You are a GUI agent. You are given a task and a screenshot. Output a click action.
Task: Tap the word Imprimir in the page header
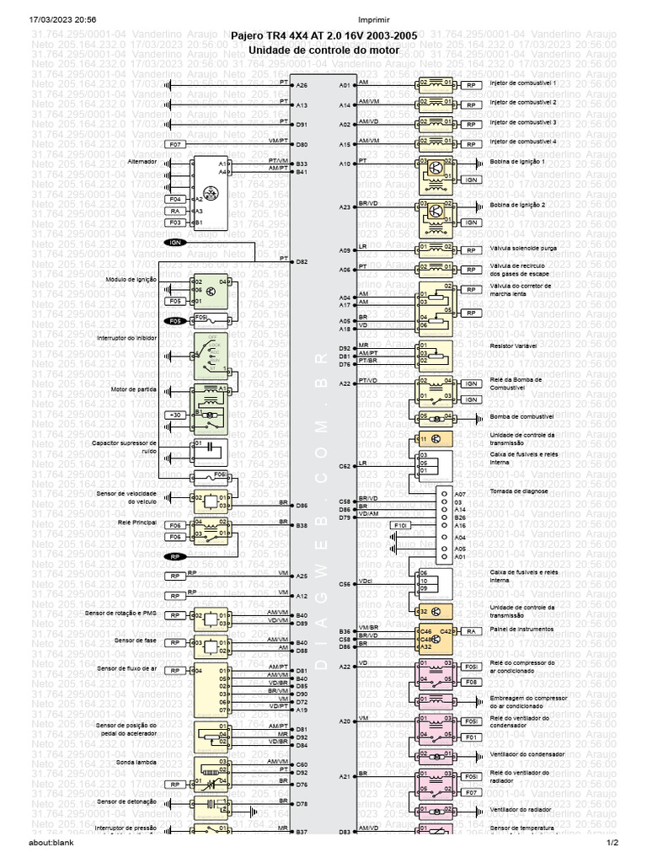[323, 19]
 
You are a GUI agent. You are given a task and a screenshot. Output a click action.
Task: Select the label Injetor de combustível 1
[523, 84]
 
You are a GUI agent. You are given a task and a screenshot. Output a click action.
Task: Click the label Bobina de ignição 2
[518, 205]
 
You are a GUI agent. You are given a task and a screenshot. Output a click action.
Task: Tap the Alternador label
[142, 160]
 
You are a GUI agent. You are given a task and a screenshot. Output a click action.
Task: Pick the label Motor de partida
[134, 389]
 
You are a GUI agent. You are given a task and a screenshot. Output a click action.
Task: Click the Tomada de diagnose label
[519, 490]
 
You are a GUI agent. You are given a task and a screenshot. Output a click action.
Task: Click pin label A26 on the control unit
[302, 85]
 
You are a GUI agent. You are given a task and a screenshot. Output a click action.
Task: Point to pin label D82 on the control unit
[302, 262]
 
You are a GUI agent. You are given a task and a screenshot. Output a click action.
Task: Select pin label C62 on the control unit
[345, 465]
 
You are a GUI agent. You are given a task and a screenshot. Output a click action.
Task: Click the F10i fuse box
[402, 525]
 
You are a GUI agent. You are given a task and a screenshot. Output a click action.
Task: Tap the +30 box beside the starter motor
[175, 415]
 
